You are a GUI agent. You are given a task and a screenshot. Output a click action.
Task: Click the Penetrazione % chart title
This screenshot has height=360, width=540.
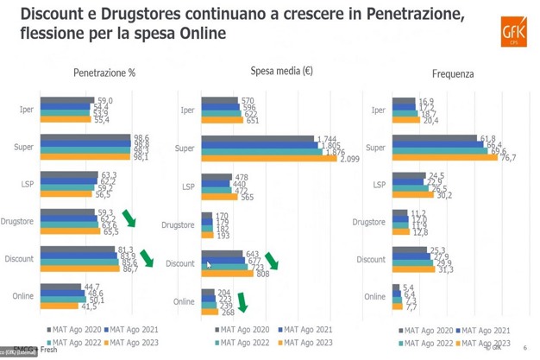pos(104,73)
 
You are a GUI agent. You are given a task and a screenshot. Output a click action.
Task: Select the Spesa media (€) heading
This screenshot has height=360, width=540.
pos(281,72)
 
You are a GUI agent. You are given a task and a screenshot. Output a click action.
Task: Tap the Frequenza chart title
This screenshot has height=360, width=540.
pos(453,74)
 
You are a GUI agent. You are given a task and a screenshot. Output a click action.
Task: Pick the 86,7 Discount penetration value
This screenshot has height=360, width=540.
pos(130,269)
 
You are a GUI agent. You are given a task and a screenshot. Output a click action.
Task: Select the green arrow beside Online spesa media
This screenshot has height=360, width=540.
pos(242,302)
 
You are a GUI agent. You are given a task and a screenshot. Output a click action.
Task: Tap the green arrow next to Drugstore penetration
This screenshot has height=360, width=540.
pos(129,218)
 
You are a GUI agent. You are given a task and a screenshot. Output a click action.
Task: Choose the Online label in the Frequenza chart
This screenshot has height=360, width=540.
pos(374,297)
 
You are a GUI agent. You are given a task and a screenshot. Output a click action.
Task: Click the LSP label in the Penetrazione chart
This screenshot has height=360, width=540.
pos(27,185)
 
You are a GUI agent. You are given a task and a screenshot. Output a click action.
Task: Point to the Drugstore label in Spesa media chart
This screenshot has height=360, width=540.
pos(178,225)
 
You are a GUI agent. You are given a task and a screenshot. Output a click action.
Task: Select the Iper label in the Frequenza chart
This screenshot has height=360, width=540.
pos(378,111)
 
